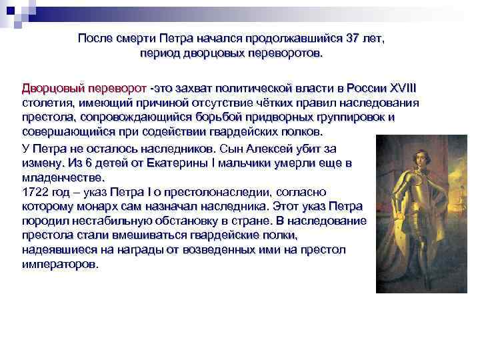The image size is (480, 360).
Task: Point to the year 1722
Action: [35, 191]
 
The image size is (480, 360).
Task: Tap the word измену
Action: [42, 162]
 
